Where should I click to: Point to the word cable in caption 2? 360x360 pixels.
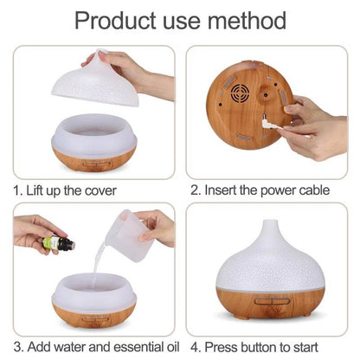(310, 189)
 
